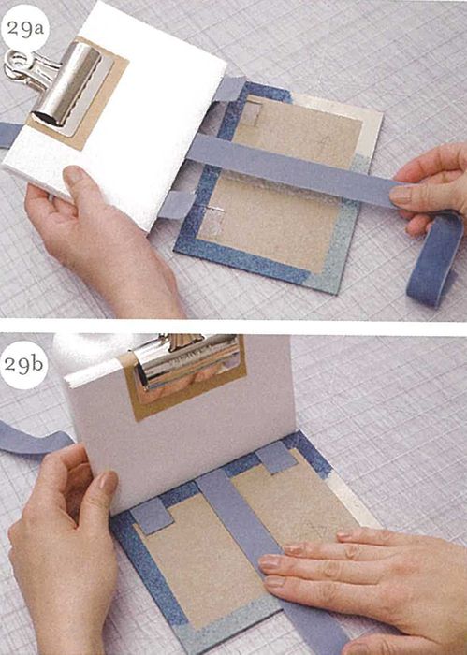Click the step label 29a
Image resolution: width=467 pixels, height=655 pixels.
[24, 29]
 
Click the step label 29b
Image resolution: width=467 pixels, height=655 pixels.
[23, 364]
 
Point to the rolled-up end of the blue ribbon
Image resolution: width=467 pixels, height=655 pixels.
[434, 260]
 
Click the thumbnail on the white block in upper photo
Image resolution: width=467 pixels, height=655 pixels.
[74, 175]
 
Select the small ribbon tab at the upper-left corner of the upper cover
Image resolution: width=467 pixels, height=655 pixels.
[229, 89]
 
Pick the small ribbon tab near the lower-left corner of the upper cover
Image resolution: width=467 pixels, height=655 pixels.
[178, 205]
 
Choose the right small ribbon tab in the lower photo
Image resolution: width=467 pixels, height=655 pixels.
[276, 458]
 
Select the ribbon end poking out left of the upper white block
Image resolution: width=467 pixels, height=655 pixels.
[9, 134]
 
